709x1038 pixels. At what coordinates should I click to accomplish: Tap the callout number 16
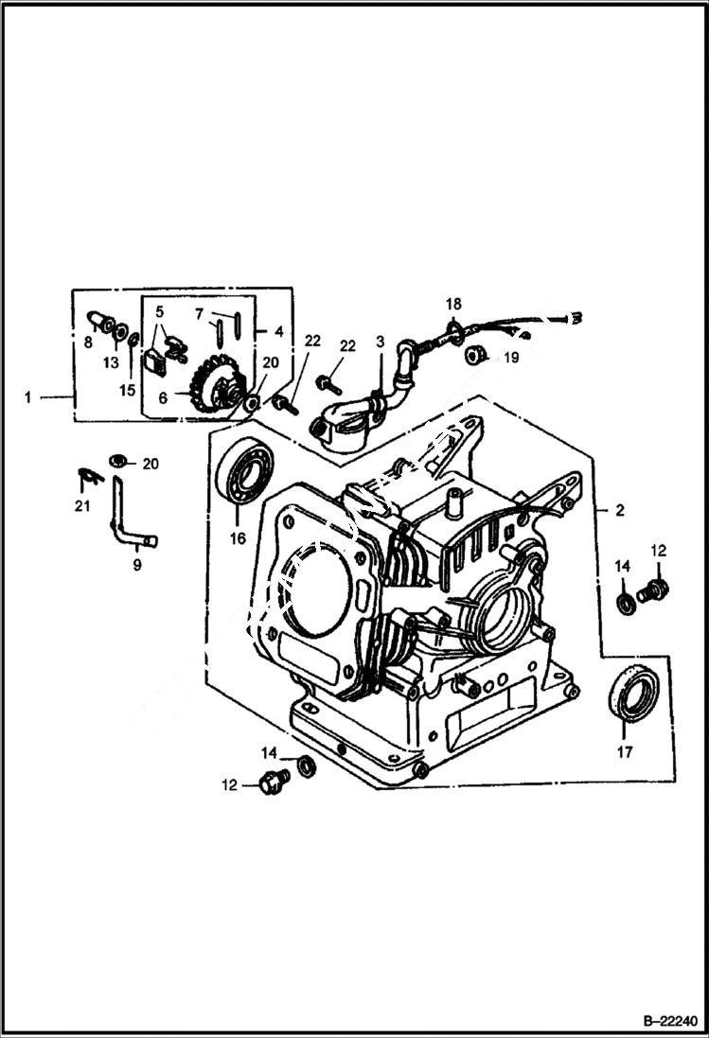[236, 538]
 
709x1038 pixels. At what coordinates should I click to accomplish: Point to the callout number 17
[623, 754]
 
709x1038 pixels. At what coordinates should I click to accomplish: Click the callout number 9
[136, 565]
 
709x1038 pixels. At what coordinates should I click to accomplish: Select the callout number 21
[83, 506]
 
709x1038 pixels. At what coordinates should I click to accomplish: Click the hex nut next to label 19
[477, 355]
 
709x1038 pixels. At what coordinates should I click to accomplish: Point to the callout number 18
[454, 304]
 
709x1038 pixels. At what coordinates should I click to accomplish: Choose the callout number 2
[619, 510]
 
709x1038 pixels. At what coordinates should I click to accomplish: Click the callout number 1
[28, 398]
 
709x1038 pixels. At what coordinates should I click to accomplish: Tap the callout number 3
[380, 341]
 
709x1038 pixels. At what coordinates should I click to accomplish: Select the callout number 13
[112, 362]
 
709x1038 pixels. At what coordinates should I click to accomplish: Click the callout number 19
[510, 358]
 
